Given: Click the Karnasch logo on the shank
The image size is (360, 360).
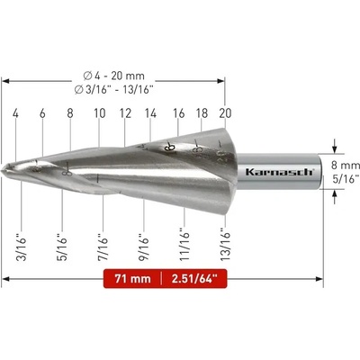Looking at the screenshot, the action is point(279,172).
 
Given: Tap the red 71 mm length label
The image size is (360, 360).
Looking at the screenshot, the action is point(132,279).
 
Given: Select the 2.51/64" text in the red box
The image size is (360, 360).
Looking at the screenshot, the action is point(194,279).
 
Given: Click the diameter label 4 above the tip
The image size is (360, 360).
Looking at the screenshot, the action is point(15,113).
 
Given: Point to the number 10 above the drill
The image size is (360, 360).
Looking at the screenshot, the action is point(100,113).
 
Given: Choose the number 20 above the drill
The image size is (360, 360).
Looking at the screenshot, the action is point(225,113).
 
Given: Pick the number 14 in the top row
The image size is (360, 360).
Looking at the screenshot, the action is point(150,113).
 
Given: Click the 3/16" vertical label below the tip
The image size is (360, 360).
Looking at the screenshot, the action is point(22,246).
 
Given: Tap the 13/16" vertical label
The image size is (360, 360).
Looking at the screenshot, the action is point(225,244).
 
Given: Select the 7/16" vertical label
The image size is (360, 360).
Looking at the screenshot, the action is point(103,246).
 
